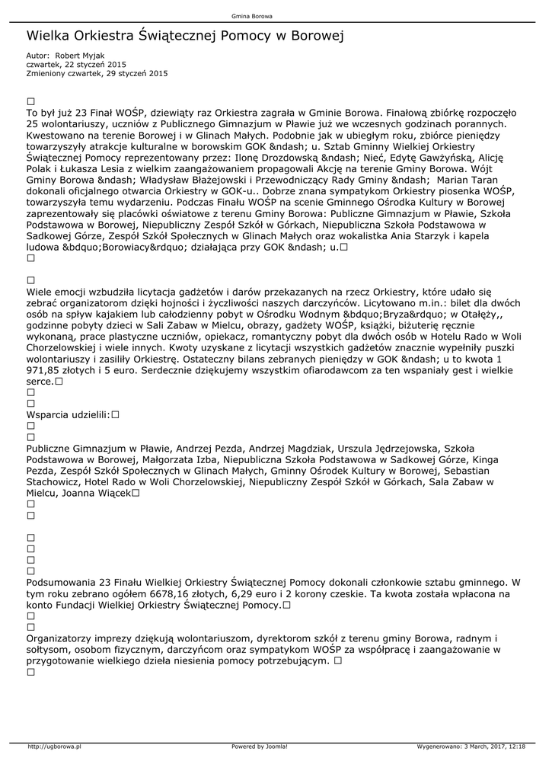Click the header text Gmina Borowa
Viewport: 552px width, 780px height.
click(x=251, y=16)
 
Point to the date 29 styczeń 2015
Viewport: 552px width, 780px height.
click(x=139, y=74)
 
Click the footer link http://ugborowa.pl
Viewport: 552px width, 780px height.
click(x=55, y=746)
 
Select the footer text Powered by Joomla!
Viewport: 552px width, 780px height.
click(x=260, y=746)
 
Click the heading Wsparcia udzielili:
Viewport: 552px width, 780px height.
click(x=69, y=415)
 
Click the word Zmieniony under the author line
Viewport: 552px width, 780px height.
click(x=45, y=74)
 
